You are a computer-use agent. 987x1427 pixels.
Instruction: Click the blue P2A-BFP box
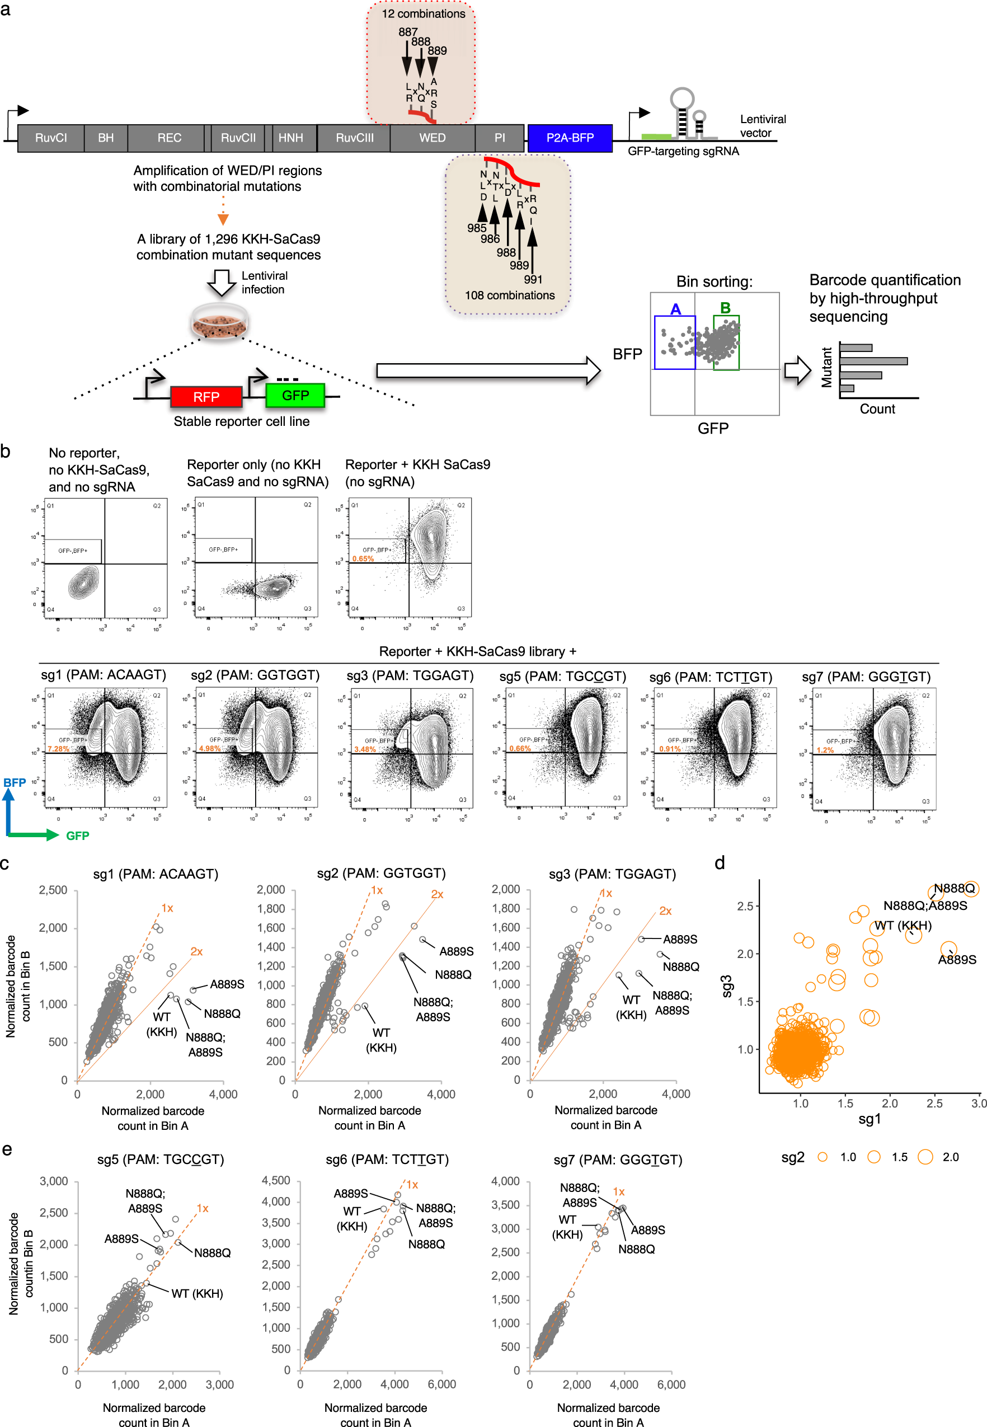point(569,138)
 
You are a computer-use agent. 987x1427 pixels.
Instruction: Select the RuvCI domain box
point(51,138)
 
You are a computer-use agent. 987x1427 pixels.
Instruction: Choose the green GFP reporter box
point(295,395)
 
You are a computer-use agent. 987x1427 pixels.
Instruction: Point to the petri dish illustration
point(219,322)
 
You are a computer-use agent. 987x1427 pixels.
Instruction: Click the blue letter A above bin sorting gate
point(675,309)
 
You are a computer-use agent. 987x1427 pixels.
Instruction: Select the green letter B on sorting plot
point(725,307)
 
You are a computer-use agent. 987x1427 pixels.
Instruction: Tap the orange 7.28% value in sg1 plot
point(59,748)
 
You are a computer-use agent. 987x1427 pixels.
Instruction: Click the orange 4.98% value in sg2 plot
point(210,748)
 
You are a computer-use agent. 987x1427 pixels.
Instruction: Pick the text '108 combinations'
point(510,295)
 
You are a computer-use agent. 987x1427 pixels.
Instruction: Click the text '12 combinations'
point(423,13)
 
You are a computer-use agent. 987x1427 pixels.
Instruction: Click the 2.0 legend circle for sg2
point(925,1157)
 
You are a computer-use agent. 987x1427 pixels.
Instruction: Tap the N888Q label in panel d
point(953,888)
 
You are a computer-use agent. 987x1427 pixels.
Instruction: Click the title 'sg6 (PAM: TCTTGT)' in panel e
point(387,1158)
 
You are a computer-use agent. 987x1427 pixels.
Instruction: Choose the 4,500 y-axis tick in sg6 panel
point(276,1180)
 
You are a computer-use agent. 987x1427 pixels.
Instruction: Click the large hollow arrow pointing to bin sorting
point(488,370)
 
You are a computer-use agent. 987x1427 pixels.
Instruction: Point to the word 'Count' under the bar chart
point(877,409)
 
